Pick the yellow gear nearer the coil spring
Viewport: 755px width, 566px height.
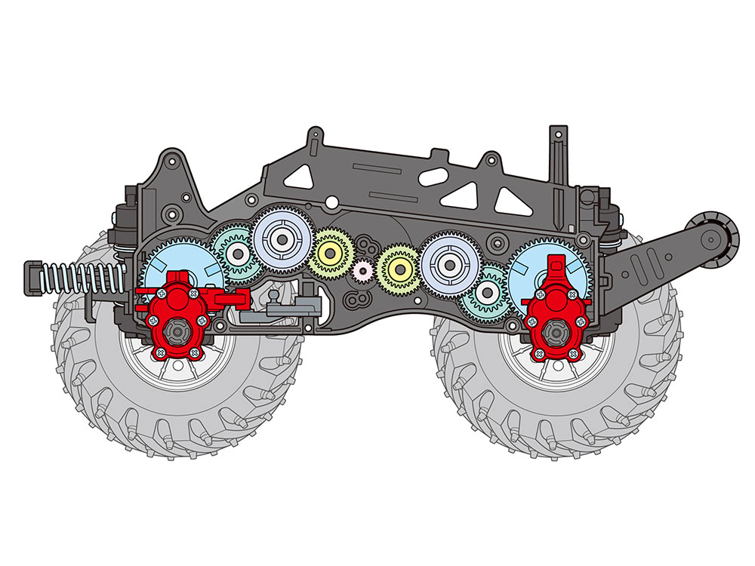pyautogui.click(x=329, y=251)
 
